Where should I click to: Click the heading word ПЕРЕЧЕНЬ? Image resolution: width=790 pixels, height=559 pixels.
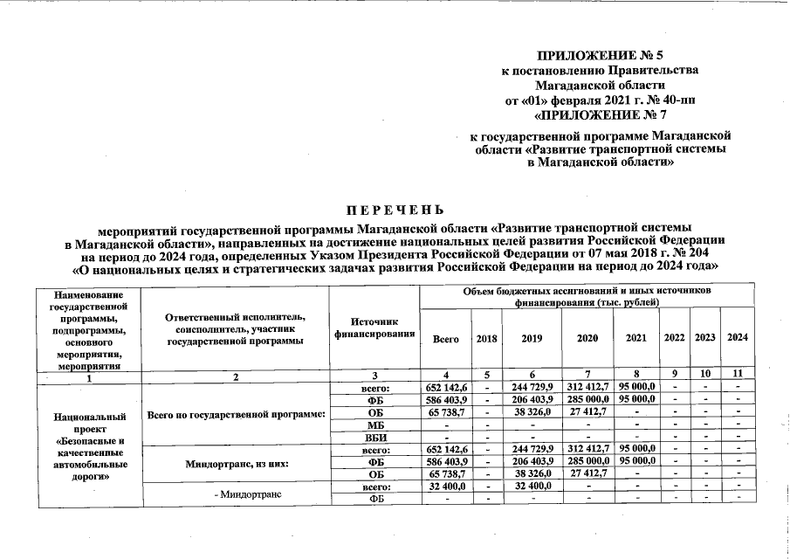pos(395,210)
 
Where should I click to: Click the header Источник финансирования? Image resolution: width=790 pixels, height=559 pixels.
pos(374,328)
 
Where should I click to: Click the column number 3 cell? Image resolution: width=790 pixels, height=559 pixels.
pos(374,376)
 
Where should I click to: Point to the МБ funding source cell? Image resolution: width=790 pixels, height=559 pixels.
pos(374,424)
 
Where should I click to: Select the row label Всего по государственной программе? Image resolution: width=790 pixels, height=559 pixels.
pos(235,412)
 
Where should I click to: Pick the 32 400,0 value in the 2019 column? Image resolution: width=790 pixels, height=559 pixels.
pos(532,486)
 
